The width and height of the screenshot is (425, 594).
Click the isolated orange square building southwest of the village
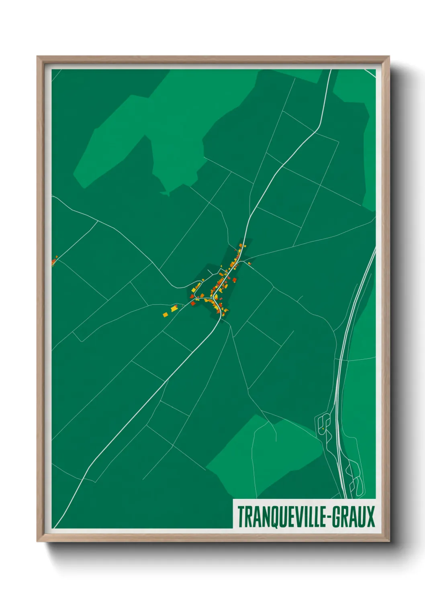(165, 315)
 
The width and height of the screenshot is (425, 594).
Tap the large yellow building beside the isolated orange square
(174, 309)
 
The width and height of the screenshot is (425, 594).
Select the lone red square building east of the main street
(235, 280)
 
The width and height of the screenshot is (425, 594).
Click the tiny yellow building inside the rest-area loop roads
(323, 429)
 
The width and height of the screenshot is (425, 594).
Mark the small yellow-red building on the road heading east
(249, 263)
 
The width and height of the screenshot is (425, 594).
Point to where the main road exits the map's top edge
(331, 70)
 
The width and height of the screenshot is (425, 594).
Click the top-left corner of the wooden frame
(37, 57)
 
